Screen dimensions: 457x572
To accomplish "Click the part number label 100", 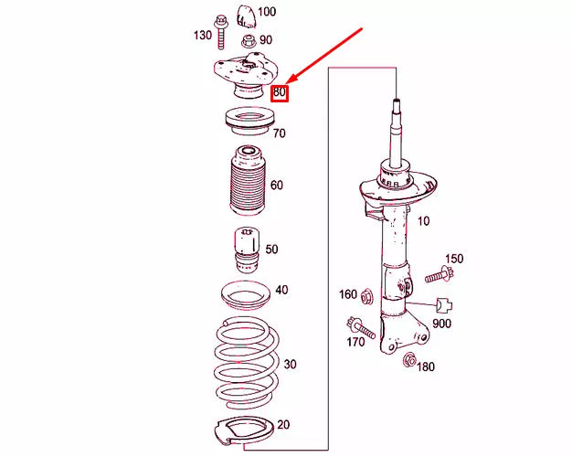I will [x=266, y=12].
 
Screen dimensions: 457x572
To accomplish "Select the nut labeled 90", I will [x=248, y=41].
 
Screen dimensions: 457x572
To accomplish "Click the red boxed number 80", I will [x=280, y=92].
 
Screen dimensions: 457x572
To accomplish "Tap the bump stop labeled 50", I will [x=244, y=249].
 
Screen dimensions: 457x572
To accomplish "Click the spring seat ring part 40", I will [x=245, y=295].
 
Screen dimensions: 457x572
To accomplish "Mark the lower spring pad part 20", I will [x=244, y=430].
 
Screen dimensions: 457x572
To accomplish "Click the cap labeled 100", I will [x=245, y=16].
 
